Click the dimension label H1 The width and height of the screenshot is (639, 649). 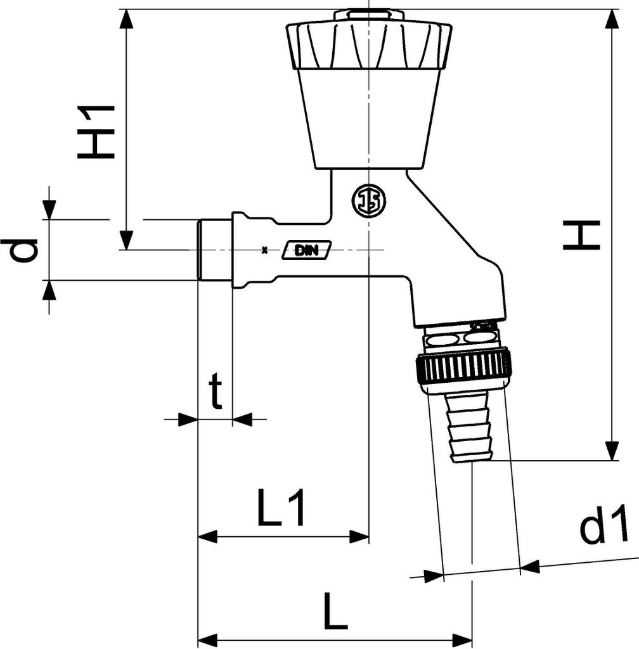(x=97, y=132)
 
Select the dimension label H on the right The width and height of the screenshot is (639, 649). (x=581, y=235)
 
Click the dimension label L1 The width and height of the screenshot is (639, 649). (x=281, y=508)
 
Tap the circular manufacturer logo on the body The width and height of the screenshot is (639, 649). (x=368, y=201)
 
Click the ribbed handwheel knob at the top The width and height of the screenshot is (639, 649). (x=369, y=46)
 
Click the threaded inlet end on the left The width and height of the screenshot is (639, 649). (x=214, y=250)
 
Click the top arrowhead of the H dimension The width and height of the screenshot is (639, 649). (x=612, y=19)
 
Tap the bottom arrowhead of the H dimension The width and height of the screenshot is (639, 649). (x=612, y=451)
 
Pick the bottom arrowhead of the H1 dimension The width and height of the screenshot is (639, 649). (x=127, y=240)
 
